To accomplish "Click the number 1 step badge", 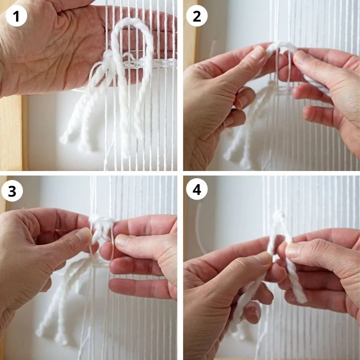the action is pyautogui.click(x=16, y=16).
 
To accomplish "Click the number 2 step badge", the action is pyautogui.click(x=197, y=16).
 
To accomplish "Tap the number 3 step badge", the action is pyautogui.click(x=12, y=191).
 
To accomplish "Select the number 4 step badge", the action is pyautogui.click(x=197, y=189).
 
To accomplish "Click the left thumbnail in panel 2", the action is pyautogui.click(x=258, y=52).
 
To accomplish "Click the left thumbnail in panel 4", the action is pyautogui.click(x=264, y=257).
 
